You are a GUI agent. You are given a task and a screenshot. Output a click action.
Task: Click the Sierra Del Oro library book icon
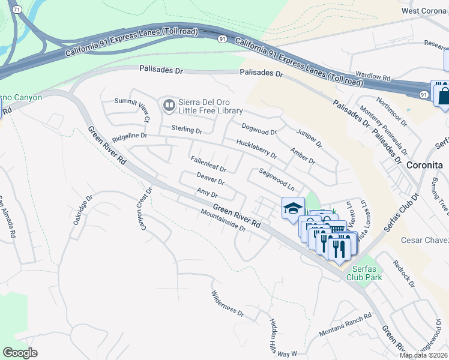tap(169, 106)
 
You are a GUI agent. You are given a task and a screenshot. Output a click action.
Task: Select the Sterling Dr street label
tap(187, 130)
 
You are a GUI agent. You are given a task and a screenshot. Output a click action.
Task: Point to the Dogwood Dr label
tap(259, 128)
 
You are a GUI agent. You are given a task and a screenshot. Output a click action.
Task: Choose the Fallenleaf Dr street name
tap(208, 164)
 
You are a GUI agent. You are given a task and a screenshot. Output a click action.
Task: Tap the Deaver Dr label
tap(210, 178)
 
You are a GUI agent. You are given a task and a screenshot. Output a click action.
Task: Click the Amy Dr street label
tap(207, 193)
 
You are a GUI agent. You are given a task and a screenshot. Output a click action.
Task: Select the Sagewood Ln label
tap(276, 179)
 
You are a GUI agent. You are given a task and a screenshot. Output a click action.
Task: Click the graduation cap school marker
tap(293, 208)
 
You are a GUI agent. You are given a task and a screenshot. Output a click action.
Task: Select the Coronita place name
tap(424, 165)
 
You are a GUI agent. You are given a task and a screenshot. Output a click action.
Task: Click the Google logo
tap(20, 352)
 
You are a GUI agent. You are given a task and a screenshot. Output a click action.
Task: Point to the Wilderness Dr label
tap(228, 304)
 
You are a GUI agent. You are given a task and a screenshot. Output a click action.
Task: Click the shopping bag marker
tap(445, 95)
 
